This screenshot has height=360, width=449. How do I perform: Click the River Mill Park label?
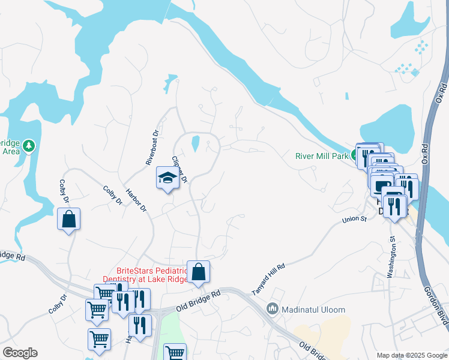coord(322,157)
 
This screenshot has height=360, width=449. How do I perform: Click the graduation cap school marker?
coord(167,178)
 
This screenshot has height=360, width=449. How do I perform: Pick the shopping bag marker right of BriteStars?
coord(198,272)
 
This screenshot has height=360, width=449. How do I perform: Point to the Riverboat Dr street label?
coord(151,148)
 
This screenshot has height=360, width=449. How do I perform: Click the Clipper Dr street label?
coord(180,170)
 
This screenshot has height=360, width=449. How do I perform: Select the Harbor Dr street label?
coord(136,200)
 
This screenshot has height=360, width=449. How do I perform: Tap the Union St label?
coord(354,220)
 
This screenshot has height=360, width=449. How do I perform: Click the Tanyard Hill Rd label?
coord(268,278)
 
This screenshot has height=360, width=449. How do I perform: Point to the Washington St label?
coord(392,257)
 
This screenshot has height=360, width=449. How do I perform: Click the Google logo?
coord(20,353)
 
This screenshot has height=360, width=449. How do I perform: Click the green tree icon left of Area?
coord(29,146)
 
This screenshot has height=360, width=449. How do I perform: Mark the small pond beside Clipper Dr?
coord(194,144)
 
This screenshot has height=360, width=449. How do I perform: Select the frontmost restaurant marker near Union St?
coord(394,208)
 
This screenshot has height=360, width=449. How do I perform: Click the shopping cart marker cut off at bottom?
coord(175,352)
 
